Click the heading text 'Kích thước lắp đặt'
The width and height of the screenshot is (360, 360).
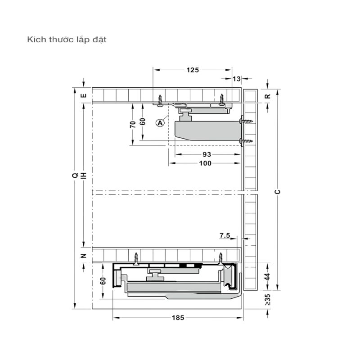pyautogui.click(x=67, y=40)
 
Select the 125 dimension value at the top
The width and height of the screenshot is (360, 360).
pyautogui.click(x=193, y=70)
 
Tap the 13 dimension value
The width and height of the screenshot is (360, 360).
pyautogui.click(x=237, y=79)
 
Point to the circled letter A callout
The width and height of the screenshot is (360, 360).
pyautogui.click(x=160, y=123)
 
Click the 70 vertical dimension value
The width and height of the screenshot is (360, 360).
pyautogui.click(x=133, y=125)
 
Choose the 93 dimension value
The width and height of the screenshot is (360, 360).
pyautogui.click(x=207, y=154)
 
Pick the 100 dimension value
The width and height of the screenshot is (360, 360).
pyautogui.click(x=205, y=163)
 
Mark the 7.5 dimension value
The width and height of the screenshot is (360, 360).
pyautogui.click(x=225, y=235)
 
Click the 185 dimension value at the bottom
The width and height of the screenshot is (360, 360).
pyautogui.click(x=178, y=318)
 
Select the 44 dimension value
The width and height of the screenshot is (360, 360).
pyautogui.click(x=267, y=277)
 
